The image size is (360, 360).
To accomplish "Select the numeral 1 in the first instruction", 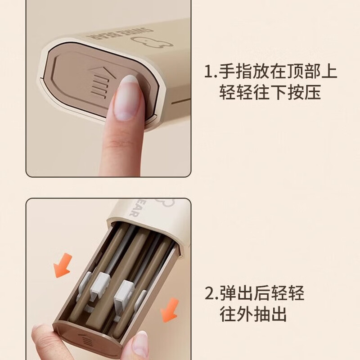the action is pos(208,71).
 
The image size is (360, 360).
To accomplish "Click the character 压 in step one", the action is pos(312,92).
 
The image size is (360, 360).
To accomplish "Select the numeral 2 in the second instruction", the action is pos(209,293).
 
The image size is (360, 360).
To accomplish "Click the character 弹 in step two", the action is pos(228,293).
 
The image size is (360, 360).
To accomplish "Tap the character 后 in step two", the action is pos(262,293).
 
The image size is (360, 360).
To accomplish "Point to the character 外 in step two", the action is pos(245,314).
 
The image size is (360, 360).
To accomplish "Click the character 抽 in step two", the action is pos(262,314).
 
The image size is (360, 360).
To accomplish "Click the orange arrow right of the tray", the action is pos(170,310).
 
